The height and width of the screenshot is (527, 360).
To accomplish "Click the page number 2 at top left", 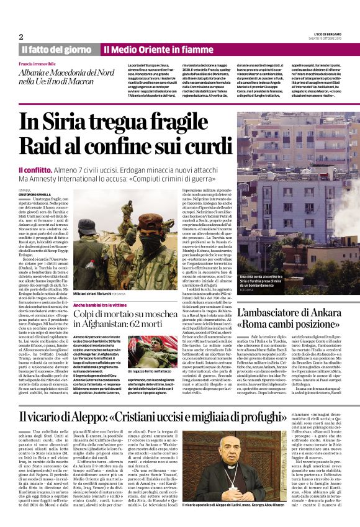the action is pos(21,36).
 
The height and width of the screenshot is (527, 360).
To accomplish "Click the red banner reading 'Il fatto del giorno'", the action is pos(57,49).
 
